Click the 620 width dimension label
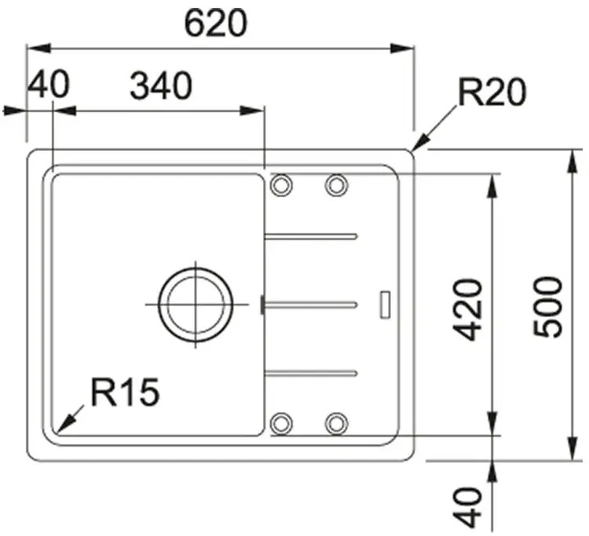(216, 24)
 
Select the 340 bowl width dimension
(161, 86)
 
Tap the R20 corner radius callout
(492, 93)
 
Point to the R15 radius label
(126, 392)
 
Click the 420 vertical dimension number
(468, 310)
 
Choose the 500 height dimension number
(548, 307)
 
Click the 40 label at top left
(49, 85)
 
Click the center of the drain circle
(196, 304)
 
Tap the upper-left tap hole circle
(281, 185)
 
